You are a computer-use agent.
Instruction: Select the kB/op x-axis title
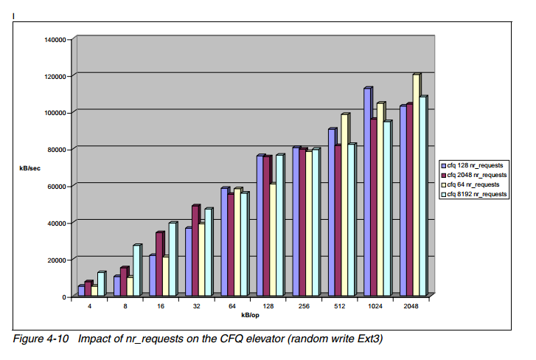click(x=251, y=315)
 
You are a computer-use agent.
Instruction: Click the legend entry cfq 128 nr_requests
click(x=476, y=165)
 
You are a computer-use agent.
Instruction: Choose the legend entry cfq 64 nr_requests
click(x=475, y=184)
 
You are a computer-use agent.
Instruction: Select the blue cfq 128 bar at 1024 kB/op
click(x=366, y=192)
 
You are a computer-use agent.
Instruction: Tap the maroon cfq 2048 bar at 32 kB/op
click(x=195, y=251)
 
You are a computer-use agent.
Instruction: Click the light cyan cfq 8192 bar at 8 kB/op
click(x=136, y=270)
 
